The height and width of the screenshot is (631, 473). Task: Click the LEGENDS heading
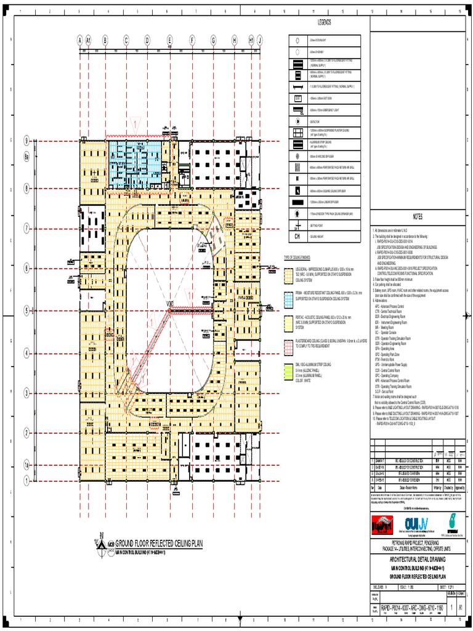click(x=324, y=23)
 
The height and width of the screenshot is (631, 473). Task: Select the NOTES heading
click(x=418, y=216)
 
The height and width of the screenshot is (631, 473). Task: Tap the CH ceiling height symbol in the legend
click(x=297, y=235)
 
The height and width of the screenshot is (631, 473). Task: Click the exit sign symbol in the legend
click(x=297, y=98)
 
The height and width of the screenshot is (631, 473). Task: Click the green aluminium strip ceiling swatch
click(x=288, y=370)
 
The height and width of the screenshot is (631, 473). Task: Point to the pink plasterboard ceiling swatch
click(x=288, y=345)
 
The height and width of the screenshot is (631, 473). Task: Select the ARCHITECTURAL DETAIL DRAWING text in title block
click(x=418, y=558)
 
